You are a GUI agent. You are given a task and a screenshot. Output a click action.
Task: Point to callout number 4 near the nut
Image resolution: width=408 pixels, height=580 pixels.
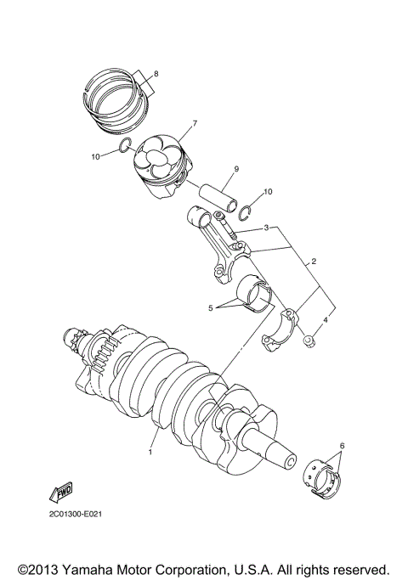[325, 322]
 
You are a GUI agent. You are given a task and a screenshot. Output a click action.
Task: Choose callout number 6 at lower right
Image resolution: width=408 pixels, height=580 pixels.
[343, 446]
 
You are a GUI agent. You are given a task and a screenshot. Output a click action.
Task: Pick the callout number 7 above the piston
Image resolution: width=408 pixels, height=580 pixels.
[195, 124]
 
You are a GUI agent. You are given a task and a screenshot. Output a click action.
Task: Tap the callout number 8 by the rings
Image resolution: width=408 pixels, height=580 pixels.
[156, 72]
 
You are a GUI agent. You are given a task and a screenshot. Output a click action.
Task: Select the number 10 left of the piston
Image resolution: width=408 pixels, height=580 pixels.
[95, 156]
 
